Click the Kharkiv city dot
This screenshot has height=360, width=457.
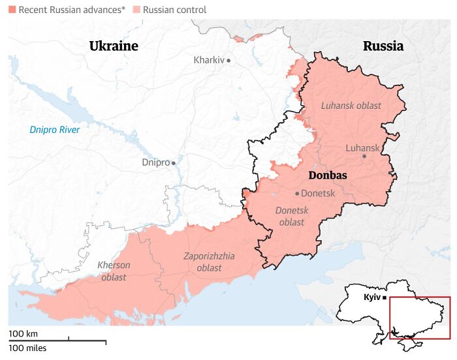click(228, 61)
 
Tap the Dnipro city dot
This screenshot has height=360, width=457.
click(173, 163)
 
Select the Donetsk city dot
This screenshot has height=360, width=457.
click(297, 194)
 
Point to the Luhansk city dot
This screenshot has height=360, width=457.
click(364, 157)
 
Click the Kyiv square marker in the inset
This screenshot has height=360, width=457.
click(385, 298)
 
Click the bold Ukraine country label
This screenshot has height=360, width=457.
click(114, 46)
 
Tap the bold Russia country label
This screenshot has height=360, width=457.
click(383, 46)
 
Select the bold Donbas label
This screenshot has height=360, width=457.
click(327, 175)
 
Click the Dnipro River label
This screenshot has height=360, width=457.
click(55, 130)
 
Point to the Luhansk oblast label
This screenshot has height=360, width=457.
click(351, 106)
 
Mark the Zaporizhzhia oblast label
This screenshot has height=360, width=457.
click(209, 262)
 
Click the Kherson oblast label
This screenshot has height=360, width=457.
click(114, 271)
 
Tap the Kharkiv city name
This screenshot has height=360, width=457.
click(209, 60)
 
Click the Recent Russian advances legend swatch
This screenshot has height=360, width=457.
click(12, 10)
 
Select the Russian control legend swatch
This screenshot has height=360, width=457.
click(136, 10)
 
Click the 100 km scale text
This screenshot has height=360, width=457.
click(23, 334)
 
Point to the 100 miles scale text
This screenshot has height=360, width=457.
click(27, 348)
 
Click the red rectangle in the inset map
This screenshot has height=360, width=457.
click(420, 318)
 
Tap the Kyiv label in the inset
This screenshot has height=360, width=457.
click(372, 297)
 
